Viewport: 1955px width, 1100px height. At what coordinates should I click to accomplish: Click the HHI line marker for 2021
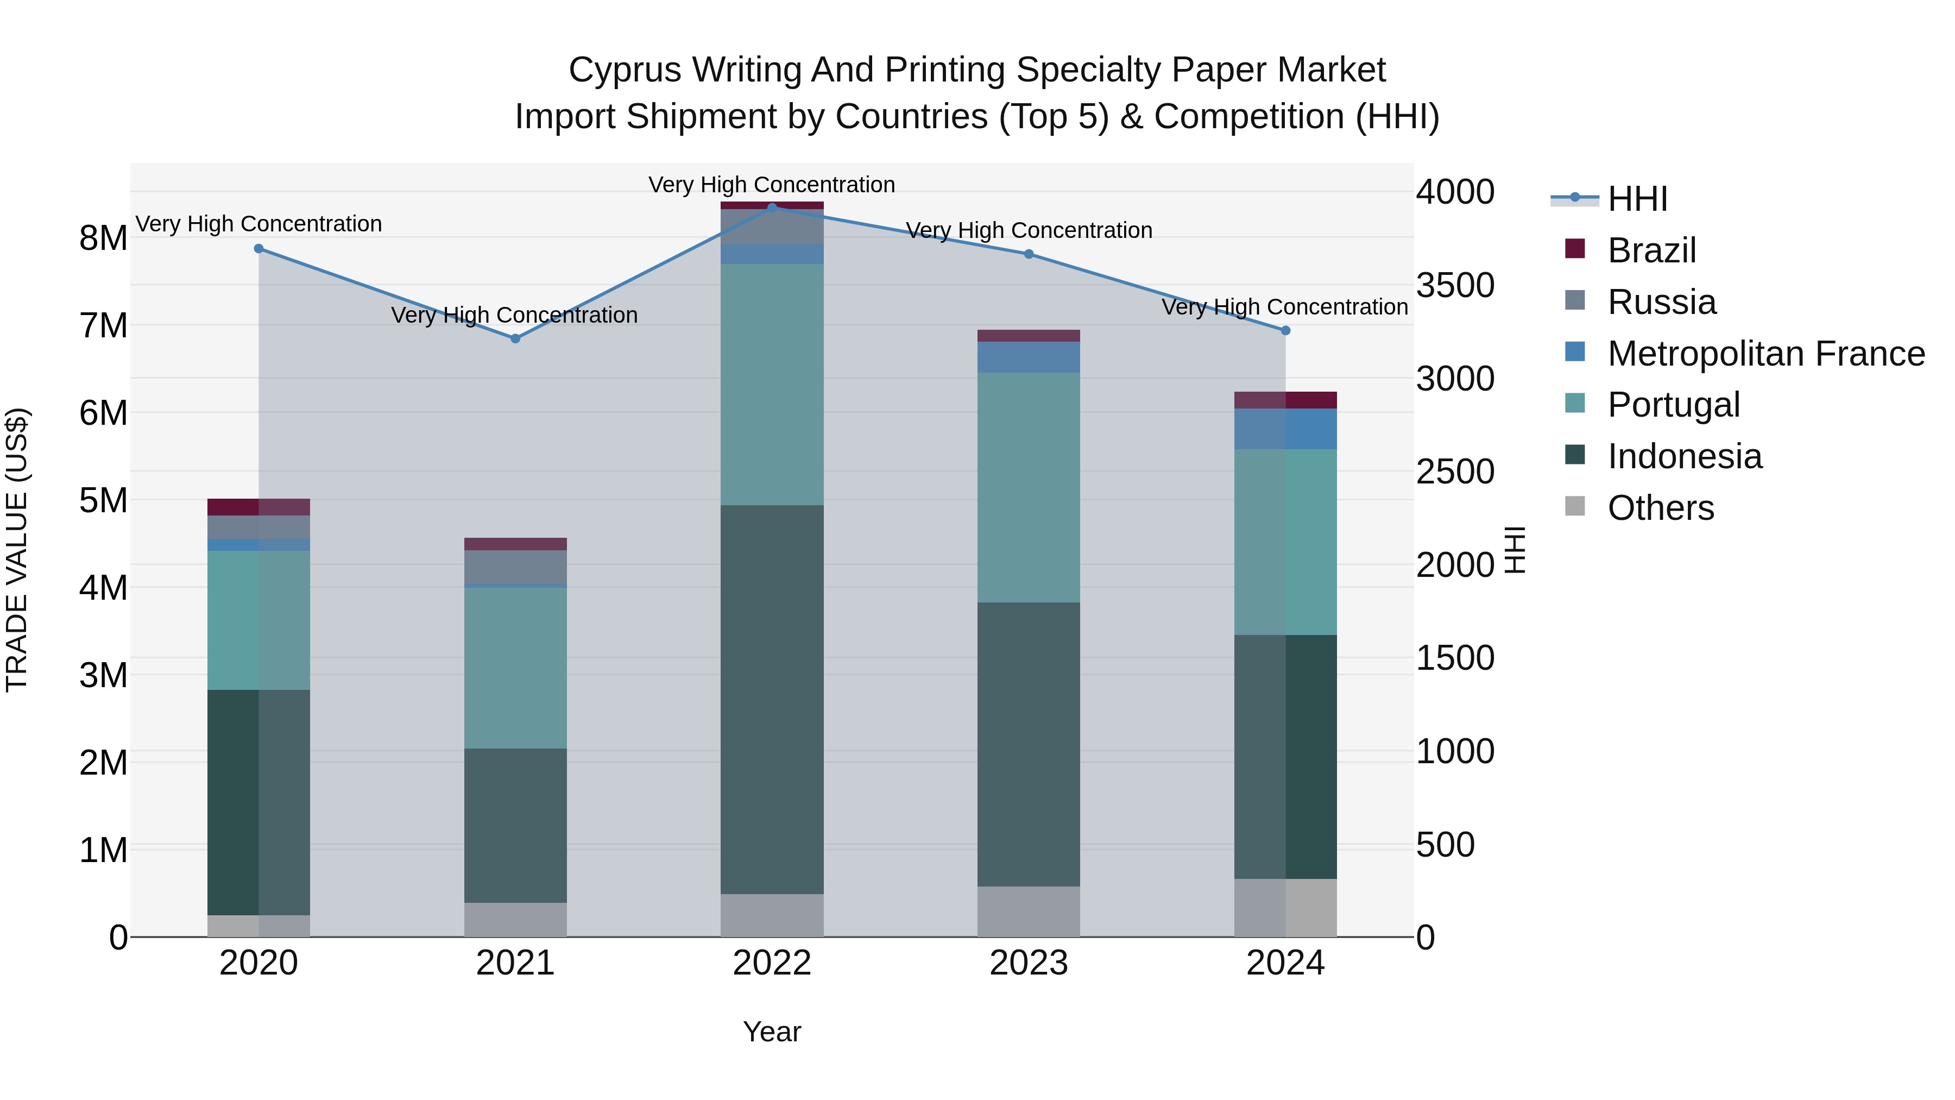tap(515, 338)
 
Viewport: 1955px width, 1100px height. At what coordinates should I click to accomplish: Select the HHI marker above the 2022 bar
tap(772, 208)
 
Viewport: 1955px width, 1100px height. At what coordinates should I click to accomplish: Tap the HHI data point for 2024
tap(1285, 330)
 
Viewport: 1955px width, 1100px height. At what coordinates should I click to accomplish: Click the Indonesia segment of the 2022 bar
tap(772, 699)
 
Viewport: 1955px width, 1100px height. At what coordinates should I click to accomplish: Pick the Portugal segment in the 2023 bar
tap(1029, 487)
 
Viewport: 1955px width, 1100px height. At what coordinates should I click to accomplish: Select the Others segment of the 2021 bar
tap(515, 919)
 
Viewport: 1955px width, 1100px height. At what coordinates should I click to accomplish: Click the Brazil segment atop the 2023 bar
tap(1029, 336)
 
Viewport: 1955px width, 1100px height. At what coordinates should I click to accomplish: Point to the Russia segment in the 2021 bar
tap(515, 567)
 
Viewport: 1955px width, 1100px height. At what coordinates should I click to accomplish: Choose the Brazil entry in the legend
tap(1651, 250)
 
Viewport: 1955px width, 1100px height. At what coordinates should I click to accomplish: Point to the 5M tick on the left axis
tap(103, 500)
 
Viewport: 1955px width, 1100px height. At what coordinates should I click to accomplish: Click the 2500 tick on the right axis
tap(1455, 472)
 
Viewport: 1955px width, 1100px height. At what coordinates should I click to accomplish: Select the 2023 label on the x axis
tap(1029, 963)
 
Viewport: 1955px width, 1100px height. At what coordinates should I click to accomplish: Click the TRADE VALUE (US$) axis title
tap(17, 550)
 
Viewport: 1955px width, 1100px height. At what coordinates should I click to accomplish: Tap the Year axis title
tap(772, 1032)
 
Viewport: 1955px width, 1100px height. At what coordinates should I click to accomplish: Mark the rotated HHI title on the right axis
tap(1514, 550)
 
